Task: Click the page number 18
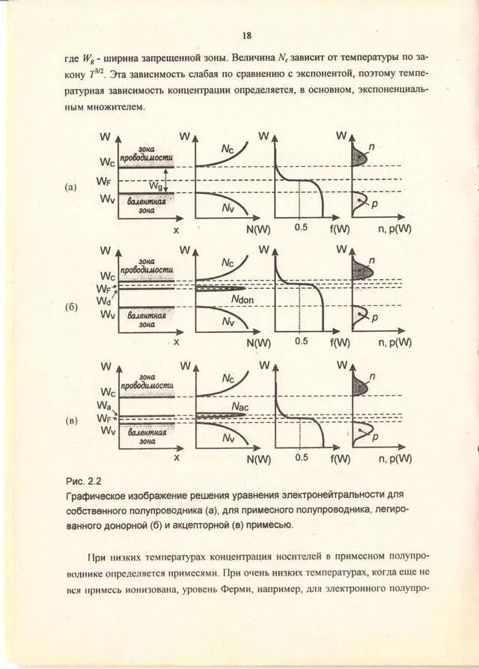(247, 36)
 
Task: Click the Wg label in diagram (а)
(157, 184)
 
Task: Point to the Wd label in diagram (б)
(103, 300)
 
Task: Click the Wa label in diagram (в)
(103, 405)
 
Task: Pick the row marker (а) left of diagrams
(71, 187)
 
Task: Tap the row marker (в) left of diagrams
(71, 421)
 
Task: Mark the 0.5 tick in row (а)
(301, 227)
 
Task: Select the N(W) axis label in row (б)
(258, 343)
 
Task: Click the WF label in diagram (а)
(105, 181)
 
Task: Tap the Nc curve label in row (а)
(228, 150)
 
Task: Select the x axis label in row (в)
(177, 456)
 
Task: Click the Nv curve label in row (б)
(228, 321)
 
